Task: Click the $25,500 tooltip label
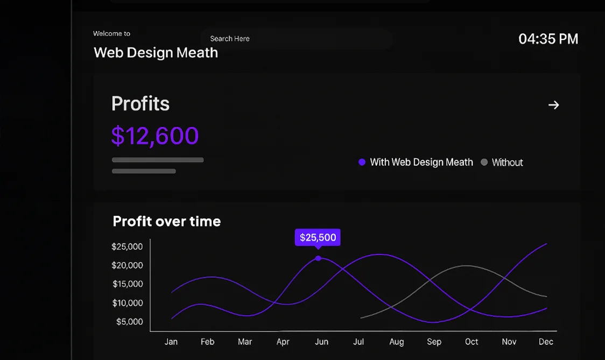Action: pos(318,237)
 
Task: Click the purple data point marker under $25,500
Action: pos(318,258)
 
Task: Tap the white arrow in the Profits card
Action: pos(553,105)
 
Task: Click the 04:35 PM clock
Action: pos(548,39)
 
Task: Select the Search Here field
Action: pos(296,39)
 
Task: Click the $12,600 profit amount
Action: pos(155,136)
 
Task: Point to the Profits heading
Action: pos(140,103)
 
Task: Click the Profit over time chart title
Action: pos(167,221)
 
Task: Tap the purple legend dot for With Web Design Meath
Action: pos(362,162)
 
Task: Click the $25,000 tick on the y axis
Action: pos(127,246)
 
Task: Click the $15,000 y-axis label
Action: pos(127,284)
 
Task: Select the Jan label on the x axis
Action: pos(171,342)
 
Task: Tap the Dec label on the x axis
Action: pos(546,342)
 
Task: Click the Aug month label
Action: pos(396,342)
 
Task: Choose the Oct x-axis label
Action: pos(472,342)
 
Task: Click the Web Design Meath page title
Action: pos(156,53)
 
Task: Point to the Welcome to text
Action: pos(111,33)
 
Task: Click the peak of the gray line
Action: pos(466,265)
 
